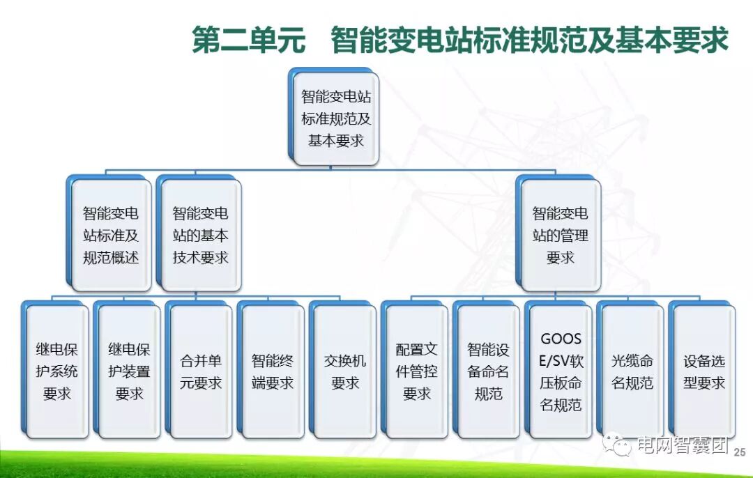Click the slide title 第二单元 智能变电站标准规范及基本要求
point(460,40)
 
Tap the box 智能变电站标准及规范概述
point(111,236)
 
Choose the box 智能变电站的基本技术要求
point(200,236)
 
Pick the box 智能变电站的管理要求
point(560,236)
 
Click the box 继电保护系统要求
point(57,371)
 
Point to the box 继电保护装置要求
point(129,371)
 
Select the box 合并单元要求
point(201,371)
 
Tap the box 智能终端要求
point(273,371)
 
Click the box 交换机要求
point(344,371)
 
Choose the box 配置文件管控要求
point(417,371)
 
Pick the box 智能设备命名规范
point(488,371)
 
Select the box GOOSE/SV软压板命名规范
point(561,371)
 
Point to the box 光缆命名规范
point(632,371)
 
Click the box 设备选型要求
point(704,371)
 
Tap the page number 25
point(740,452)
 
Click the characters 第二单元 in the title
point(248,40)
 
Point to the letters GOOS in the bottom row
point(561,339)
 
